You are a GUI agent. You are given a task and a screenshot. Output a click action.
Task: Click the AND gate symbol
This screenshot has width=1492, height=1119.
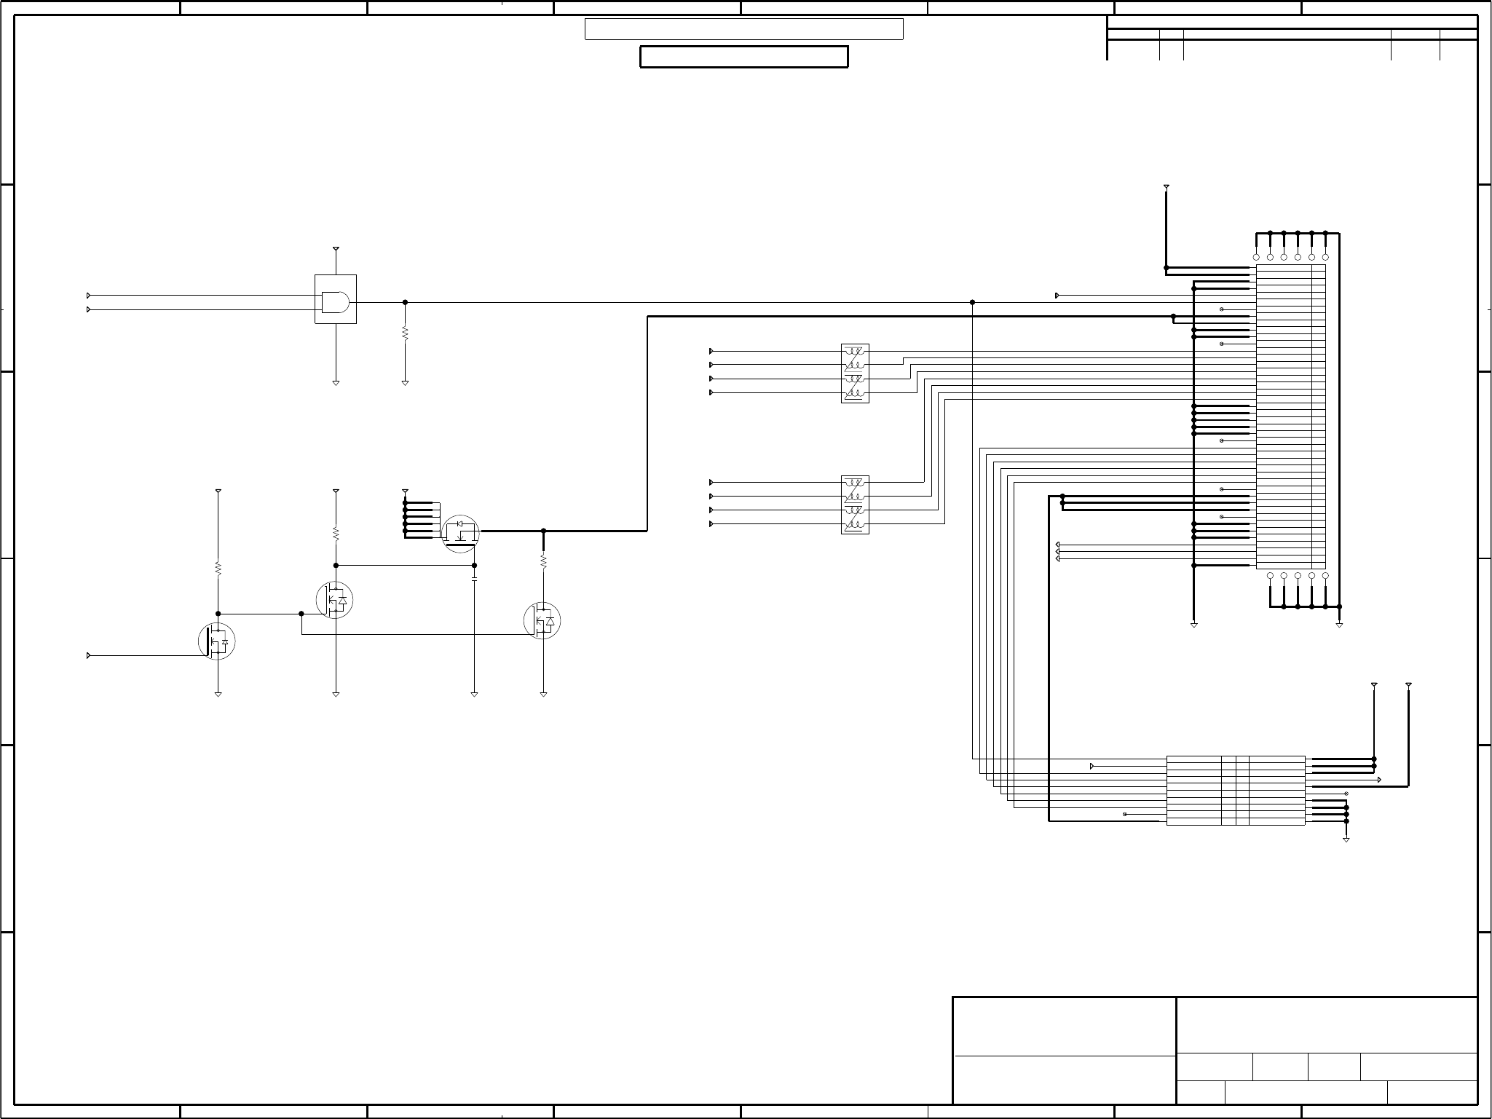coord(335,301)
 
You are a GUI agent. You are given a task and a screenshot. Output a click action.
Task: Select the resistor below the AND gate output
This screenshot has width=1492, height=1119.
coord(405,333)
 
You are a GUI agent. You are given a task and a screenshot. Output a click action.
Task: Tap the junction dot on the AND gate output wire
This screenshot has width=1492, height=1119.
coord(405,302)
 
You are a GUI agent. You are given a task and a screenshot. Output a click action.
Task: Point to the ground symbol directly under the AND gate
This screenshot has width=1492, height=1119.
coord(336,382)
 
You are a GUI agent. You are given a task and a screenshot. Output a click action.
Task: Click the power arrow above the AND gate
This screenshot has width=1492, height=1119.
coord(336,250)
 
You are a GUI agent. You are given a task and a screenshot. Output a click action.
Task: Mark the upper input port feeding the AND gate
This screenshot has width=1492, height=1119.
coord(89,296)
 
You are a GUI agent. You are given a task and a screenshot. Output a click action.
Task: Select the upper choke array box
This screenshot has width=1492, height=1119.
coord(855,373)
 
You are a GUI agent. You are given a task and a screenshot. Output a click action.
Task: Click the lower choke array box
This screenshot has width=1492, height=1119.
coord(855,505)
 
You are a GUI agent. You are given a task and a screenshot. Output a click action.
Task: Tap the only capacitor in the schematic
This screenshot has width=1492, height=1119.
coord(474,579)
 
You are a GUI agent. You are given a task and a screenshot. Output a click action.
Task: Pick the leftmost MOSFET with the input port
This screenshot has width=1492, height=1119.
coord(217,641)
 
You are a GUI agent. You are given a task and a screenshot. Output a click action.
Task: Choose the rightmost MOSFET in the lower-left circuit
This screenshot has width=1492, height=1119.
coord(542,620)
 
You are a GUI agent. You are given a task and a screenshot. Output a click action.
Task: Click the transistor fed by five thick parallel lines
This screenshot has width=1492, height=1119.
coord(461,534)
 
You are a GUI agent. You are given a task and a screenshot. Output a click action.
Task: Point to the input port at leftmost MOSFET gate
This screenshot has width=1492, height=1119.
coord(89,656)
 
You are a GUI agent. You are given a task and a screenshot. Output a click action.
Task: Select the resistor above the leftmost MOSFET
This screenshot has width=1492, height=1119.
coord(218,569)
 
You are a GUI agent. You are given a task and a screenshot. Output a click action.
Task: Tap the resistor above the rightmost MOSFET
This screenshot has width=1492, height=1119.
coord(543,561)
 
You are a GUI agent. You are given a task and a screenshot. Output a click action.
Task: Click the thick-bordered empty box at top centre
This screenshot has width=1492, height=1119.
coord(743,57)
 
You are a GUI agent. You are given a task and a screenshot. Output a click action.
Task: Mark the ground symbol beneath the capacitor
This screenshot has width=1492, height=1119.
coord(474,695)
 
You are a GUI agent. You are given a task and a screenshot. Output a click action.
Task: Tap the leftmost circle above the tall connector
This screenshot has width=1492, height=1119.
coord(1256,258)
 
